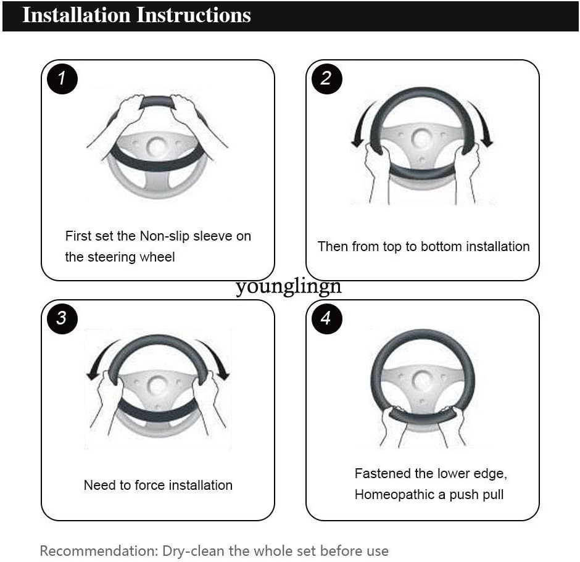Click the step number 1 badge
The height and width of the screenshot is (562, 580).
coord(62,78)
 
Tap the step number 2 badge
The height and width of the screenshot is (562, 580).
coord(326,78)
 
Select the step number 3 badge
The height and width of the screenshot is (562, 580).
coord(62,318)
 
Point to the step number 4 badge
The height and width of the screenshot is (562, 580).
coord(326,318)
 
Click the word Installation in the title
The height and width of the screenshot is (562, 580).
coord(77,15)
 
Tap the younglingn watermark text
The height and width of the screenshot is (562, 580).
coord(288,286)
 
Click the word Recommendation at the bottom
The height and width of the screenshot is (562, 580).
coord(99,551)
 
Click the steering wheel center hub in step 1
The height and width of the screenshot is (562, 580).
coord(157,146)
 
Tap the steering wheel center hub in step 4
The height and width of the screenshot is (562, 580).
coord(422,381)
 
